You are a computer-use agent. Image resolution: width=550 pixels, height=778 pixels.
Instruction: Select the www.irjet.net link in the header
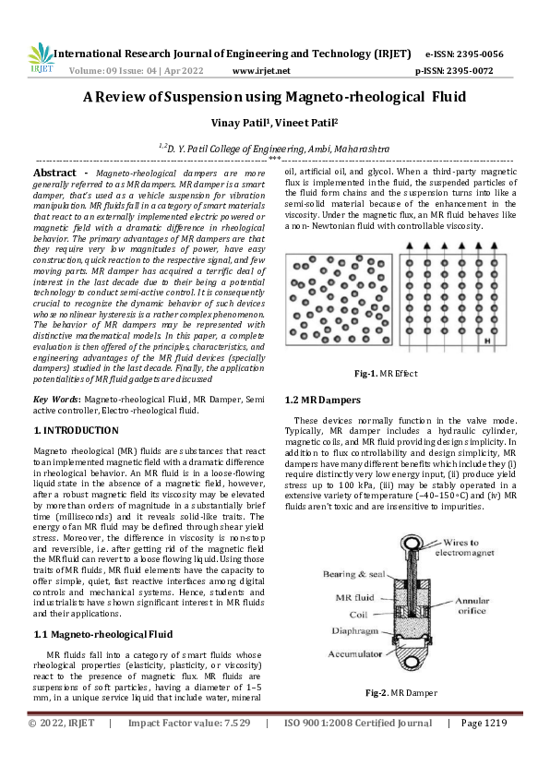[x=261, y=70]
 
